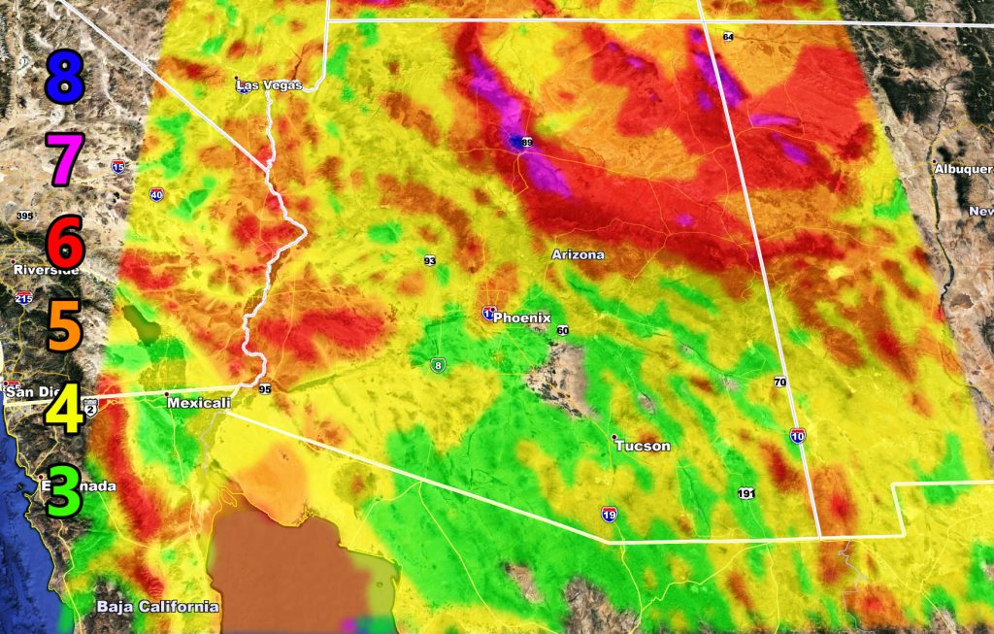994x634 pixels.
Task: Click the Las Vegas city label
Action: pyautogui.click(x=270, y=85)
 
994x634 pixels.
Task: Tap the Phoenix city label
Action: pyautogui.click(x=521, y=317)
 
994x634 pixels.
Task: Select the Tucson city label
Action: pyautogui.click(x=642, y=446)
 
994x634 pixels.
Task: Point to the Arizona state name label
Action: pyautogui.click(x=578, y=254)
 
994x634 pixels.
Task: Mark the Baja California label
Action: pyautogui.click(x=157, y=607)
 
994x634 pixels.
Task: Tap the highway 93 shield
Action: pyautogui.click(x=429, y=260)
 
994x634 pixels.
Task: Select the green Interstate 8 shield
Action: pyautogui.click(x=439, y=365)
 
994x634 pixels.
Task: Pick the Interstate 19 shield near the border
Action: pyautogui.click(x=609, y=513)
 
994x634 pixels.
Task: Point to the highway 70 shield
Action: pyautogui.click(x=779, y=382)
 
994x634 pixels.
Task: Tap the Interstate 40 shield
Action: pyautogui.click(x=156, y=195)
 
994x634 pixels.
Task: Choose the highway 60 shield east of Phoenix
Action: pyautogui.click(x=562, y=331)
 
